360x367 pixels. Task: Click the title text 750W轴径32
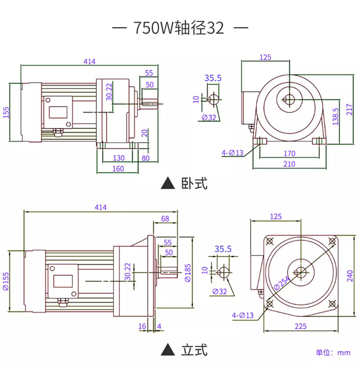tap(179, 28)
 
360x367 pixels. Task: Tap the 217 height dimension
tap(349, 109)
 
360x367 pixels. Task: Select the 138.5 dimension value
tap(335, 116)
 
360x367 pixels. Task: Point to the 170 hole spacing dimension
tap(289, 153)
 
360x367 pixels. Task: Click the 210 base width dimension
tap(289, 164)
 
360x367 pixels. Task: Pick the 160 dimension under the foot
tap(118, 168)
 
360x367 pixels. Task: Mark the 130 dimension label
tap(119, 158)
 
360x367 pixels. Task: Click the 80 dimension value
tap(145, 158)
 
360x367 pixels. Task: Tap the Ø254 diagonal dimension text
tap(282, 283)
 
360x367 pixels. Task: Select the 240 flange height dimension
tap(350, 276)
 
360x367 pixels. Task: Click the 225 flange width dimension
tap(301, 326)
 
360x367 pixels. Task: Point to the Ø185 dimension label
tap(188, 273)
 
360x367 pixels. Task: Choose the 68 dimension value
tap(165, 218)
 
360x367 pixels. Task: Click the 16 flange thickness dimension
tap(142, 326)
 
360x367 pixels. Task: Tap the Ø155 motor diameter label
tap(6, 281)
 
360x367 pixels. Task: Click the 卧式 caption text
tap(194, 183)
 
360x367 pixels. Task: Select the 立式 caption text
tap(194, 350)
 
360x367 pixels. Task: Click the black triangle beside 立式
tap(168, 350)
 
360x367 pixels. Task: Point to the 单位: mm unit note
tap(333, 353)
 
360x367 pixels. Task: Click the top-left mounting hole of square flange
tap(270, 241)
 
